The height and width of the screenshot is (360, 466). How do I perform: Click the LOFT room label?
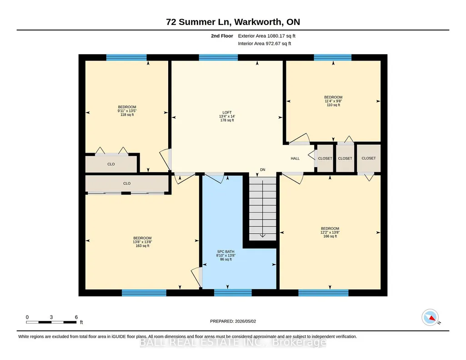tap(227, 113)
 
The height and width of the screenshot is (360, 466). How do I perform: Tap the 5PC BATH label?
tap(225, 251)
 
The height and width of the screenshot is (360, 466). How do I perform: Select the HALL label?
tap(295, 159)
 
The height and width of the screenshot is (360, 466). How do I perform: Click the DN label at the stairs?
tap(263, 170)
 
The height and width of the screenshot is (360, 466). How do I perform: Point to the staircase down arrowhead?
tap(263, 235)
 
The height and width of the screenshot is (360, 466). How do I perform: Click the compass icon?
tap(430, 318)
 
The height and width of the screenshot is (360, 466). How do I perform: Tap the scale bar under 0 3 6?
tap(51, 322)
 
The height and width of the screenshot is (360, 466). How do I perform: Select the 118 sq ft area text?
tap(127, 115)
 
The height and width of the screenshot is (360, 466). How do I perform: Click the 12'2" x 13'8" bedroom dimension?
tap(330, 233)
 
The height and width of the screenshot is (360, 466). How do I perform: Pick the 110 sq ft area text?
tap(333, 105)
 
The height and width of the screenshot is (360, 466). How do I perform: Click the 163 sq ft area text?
tap(142, 245)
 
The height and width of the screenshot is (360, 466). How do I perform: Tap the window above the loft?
tap(218, 57)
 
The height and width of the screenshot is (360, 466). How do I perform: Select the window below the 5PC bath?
tap(233, 293)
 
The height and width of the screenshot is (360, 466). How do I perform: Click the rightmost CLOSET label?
tap(369, 158)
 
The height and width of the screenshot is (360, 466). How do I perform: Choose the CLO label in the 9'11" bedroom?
tap(111, 164)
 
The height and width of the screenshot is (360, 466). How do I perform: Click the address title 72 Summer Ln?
tap(199, 22)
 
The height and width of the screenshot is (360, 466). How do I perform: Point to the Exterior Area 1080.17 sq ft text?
tap(266, 36)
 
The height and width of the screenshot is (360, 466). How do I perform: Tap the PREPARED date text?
tap(233, 321)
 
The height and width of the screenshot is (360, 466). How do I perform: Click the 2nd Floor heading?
tap(222, 36)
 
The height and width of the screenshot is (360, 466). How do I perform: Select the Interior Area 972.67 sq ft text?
tap(265, 43)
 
